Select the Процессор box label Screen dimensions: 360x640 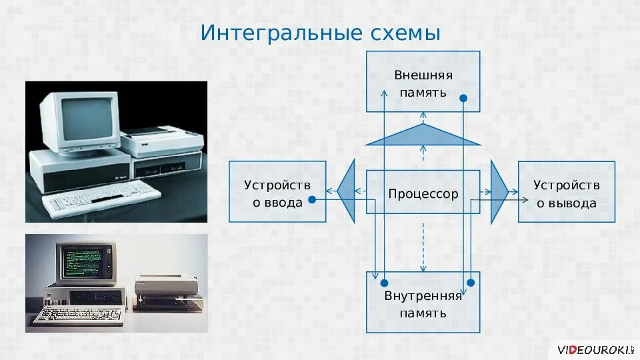pos(423,194)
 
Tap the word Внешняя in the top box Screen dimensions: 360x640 pos(423,75)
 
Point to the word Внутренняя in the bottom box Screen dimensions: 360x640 pos(423,296)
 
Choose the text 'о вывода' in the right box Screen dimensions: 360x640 pos(567,203)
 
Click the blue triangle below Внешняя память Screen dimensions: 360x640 pos(423,136)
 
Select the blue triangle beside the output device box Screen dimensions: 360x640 pos(498,192)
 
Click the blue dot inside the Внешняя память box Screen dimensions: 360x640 pos(464,98)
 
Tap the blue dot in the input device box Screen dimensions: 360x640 pos(311,199)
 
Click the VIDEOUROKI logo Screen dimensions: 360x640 pos(590,349)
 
